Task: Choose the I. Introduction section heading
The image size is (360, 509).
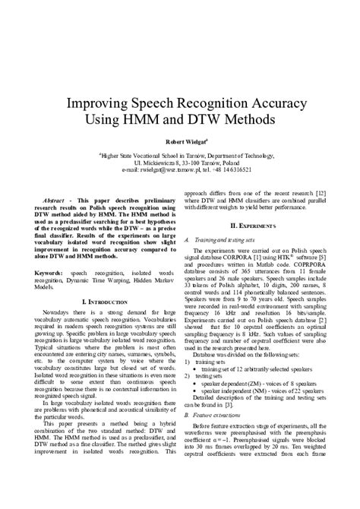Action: point(96,302)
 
